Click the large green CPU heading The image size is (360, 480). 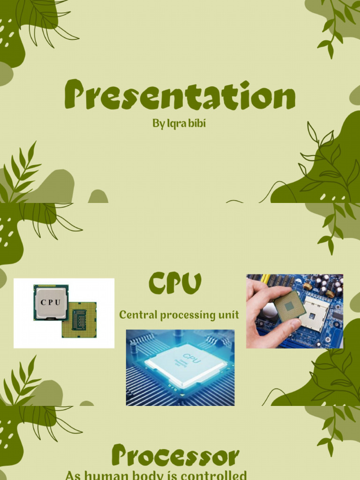tap(175, 284)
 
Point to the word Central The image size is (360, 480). tap(138, 315)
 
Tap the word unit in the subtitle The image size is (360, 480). tap(229, 315)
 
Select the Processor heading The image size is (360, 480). tap(175, 456)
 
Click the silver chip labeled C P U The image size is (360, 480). tap(51, 302)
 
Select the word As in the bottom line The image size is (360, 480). tap(73, 475)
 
